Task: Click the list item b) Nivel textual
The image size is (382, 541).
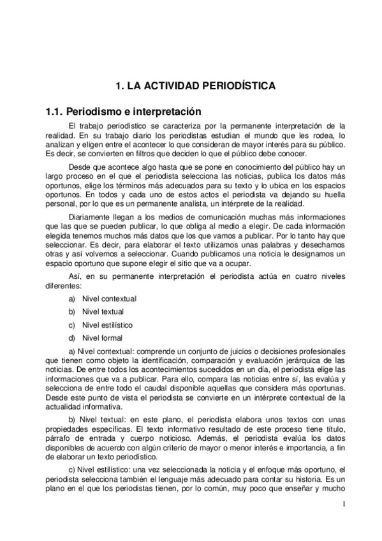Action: [x=96, y=311]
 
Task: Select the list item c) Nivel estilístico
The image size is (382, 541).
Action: [x=101, y=325]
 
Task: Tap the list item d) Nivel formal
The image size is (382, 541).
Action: [x=96, y=337]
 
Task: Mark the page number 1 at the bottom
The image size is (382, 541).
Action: [x=343, y=505]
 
